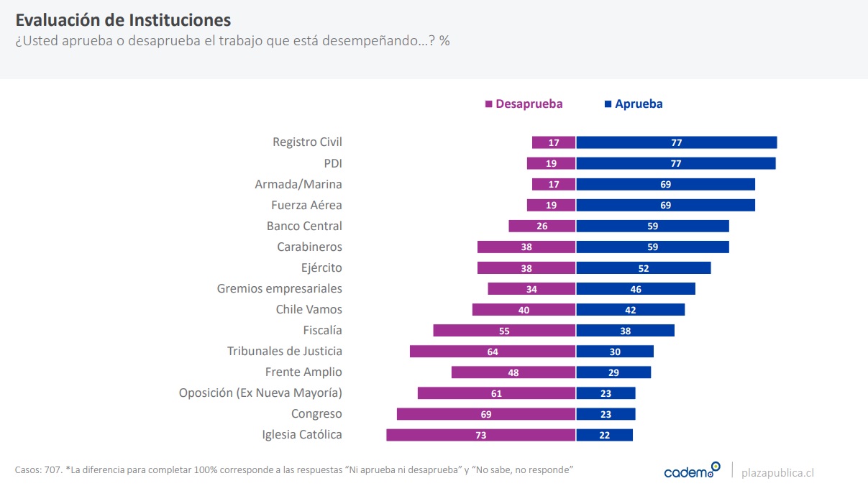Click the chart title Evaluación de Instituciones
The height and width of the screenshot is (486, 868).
pos(123,19)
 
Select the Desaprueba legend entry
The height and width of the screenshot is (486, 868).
pos(524,104)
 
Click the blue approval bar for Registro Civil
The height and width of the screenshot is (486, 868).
pos(676,142)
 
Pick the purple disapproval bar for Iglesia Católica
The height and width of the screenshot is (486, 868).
pos(480,435)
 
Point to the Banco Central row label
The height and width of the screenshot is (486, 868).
pos(304,226)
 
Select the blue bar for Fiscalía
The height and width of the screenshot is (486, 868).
pos(625,331)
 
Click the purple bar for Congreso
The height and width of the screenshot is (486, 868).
pos(485,414)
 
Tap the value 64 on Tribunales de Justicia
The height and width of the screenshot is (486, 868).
pos(492,352)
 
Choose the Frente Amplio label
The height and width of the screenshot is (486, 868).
pos(303,372)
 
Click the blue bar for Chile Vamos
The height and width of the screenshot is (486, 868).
pos(630,310)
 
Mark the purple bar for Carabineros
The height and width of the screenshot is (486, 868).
pos(526,247)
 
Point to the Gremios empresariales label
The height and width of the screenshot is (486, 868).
pos(280,289)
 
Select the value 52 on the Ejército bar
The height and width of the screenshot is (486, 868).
pos(643,268)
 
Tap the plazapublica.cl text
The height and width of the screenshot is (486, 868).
pos(777,472)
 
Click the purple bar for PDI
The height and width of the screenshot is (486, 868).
pos(551,163)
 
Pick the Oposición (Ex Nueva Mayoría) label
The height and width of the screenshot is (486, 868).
pos(260,393)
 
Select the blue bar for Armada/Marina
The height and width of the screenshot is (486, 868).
pos(665,184)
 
